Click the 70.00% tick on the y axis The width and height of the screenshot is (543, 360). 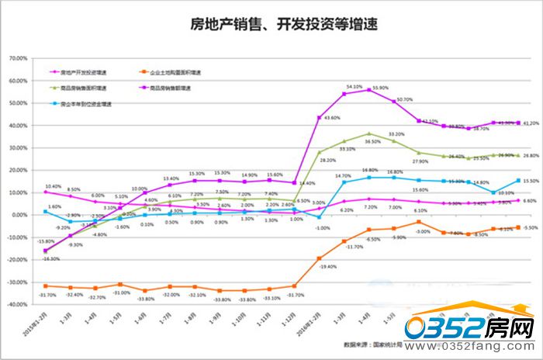point(17,59)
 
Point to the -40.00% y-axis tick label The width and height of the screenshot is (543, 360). point(16,305)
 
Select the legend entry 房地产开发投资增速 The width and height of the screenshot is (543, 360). point(74,73)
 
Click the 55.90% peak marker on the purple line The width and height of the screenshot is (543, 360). point(369,90)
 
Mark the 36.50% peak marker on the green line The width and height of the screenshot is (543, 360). point(369,133)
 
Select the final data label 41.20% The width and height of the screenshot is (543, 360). point(531,123)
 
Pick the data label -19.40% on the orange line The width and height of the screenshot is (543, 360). point(327,266)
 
